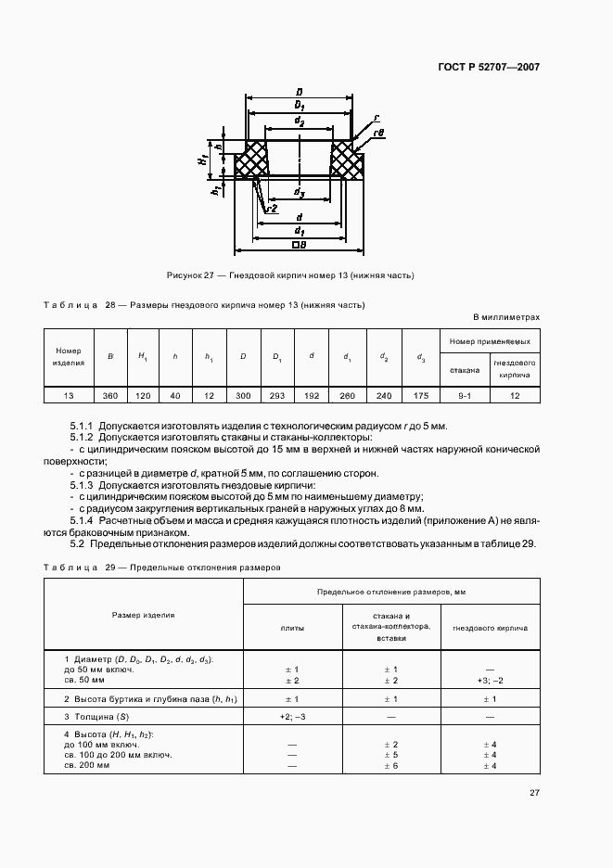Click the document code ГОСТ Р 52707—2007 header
(489, 67)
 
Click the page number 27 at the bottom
(535, 793)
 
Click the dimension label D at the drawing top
(299, 93)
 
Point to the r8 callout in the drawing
(377, 134)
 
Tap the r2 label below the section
(272, 210)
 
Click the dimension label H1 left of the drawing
(203, 160)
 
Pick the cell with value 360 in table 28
(110, 395)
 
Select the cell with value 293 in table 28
(276, 395)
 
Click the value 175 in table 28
(420, 395)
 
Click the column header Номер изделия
(69, 357)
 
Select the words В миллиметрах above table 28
(506, 317)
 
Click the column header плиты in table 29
(292, 628)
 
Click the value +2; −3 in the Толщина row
(292, 717)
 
